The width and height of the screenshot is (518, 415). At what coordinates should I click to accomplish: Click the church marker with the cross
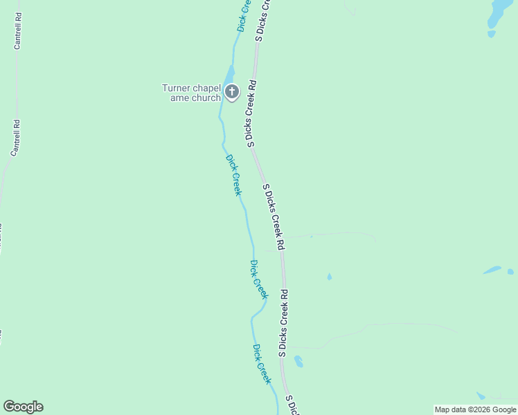click(x=231, y=91)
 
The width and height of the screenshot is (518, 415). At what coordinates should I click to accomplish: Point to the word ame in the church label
click(x=179, y=98)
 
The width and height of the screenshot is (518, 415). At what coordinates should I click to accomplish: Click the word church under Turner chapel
click(x=206, y=98)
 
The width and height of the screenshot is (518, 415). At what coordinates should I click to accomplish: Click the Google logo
click(x=23, y=407)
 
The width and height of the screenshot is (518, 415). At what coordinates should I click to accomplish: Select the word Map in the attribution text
click(x=443, y=409)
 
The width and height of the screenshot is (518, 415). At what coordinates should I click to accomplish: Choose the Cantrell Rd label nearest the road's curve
click(x=16, y=137)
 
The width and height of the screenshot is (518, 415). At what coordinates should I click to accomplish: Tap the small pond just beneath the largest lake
click(x=492, y=33)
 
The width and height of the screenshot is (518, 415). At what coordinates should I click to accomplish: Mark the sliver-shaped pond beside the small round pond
click(x=492, y=270)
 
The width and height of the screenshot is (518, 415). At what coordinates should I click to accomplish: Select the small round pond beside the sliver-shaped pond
click(x=510, y=272)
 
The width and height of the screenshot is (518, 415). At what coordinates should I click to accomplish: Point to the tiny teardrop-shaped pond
click(x=329, y=277)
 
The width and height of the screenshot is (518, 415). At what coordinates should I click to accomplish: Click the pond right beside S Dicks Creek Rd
click(x=298, y=361)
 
